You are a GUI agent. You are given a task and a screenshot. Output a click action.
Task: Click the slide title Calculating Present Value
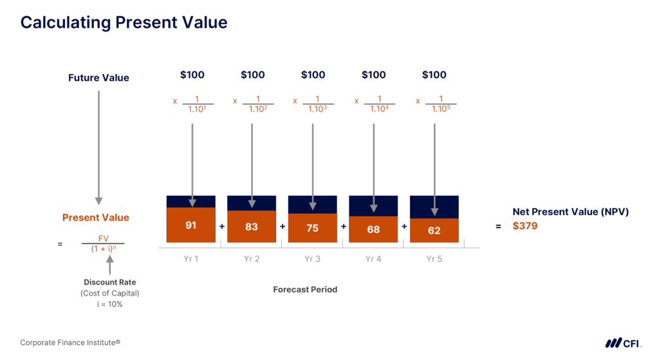tap(124, 23)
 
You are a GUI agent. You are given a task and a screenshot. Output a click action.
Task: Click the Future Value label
tap(98, 78)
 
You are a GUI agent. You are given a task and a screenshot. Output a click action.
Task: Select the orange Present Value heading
tap(95, 218)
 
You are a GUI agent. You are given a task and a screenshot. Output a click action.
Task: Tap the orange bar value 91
tap(191, 225)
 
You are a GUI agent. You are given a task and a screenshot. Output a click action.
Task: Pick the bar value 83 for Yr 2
tap(252, 227)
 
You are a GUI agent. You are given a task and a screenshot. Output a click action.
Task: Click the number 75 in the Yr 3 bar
tap(312, 229)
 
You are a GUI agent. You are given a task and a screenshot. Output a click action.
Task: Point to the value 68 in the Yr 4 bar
tap(373, 229)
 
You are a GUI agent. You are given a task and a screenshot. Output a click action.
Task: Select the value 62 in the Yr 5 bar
tap(434, 231)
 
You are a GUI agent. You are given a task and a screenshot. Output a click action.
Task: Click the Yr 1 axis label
tap(191, 259)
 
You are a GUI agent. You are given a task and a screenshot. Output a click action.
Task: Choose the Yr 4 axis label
tap(373, 259)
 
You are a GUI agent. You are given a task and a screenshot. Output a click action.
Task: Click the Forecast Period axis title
tap(305, 289)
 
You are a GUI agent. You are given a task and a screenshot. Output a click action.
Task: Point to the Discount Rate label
tap(110, 282)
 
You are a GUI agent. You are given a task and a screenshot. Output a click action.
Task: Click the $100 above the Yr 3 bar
tap(313, 75)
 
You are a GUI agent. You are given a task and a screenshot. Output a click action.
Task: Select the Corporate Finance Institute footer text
tap(70, 343)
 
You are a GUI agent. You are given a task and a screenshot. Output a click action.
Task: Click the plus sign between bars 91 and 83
tap(221, 227)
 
